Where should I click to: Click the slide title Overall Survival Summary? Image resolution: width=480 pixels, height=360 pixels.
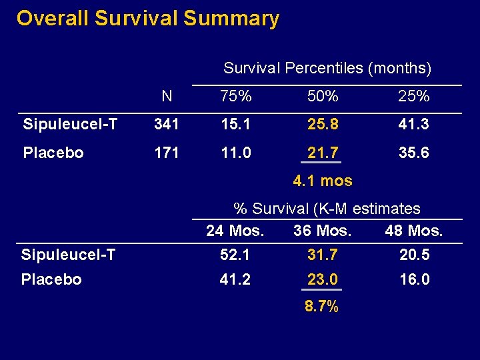(147, 19)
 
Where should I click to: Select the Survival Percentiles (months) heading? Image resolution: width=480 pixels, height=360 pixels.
(327, 68)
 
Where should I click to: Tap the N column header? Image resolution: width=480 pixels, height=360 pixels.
(167, 97)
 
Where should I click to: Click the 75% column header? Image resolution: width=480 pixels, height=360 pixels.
(236, 97)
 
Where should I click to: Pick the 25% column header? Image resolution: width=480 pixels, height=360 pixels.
(413, 97)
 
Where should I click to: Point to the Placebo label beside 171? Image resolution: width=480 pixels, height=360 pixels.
(53, 153)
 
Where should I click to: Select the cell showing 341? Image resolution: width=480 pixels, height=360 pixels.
(167, 124)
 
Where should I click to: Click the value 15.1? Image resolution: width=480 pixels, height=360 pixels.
(236, 124)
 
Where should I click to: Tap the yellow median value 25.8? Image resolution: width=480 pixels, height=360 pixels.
(323, 124)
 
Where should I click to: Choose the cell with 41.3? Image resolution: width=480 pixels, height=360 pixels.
(413, 124)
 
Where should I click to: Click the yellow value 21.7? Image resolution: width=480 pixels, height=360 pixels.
(323, 153)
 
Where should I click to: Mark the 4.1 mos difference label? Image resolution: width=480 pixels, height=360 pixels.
(323, 181)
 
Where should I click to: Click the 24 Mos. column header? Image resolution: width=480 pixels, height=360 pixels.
(235, 231)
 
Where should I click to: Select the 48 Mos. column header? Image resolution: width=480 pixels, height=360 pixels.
(413, 231)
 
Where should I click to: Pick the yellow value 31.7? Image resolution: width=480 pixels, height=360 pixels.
(323, 255)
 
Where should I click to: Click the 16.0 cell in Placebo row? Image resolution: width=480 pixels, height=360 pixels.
(413, 279)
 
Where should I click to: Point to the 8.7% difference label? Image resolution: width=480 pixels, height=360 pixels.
(321, 307)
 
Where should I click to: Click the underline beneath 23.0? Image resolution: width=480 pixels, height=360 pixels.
(323, 290)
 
